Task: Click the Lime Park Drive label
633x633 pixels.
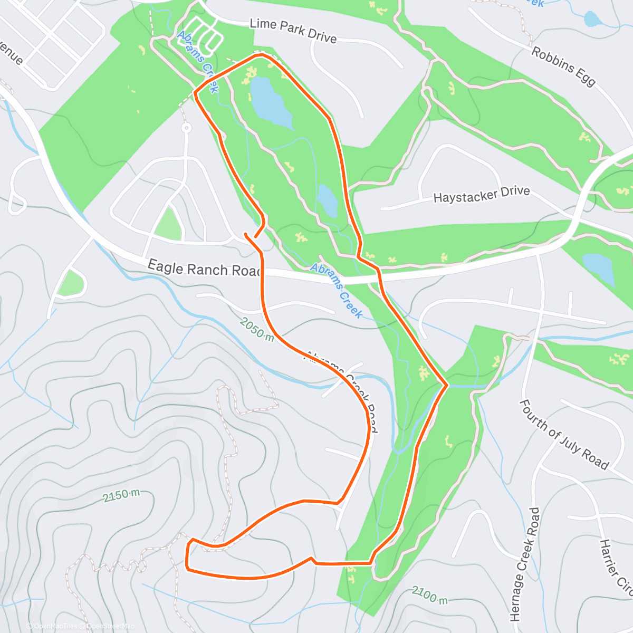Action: coord(293,31)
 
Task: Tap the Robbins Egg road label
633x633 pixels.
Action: coord(563,66)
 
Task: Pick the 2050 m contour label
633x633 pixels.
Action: coord(256,329)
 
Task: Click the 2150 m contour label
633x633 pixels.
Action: coord(121,495)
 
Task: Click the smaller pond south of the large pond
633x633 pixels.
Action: coord(328,200)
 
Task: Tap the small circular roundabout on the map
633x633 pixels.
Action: coord(186,128)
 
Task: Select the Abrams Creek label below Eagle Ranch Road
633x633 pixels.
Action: coord(336,291)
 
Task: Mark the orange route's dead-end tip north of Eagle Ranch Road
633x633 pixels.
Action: coord(246,233)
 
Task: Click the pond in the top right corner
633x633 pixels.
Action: coord(592,20)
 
